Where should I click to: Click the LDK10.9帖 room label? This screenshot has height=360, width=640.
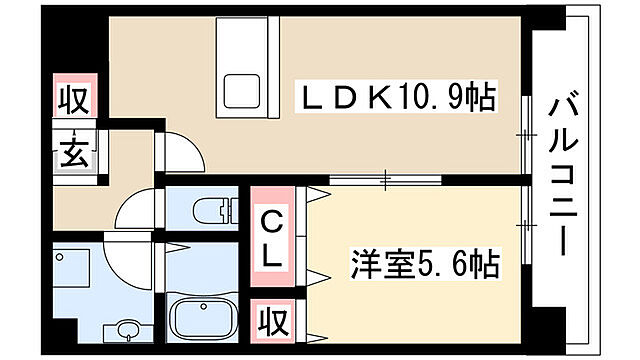coord(399,100)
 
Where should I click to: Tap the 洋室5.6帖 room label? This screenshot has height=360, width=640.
coord(425,267)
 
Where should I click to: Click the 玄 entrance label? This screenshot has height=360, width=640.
coord(76,154)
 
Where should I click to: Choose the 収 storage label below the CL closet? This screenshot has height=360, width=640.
coord(271,321)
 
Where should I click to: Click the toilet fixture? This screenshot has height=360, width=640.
coord(209,211)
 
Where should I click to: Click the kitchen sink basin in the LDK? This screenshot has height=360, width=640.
coord(242,92)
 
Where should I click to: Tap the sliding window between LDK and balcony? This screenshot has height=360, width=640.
coord(522,130)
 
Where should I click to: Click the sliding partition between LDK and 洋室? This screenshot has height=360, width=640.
coord(384,180)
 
